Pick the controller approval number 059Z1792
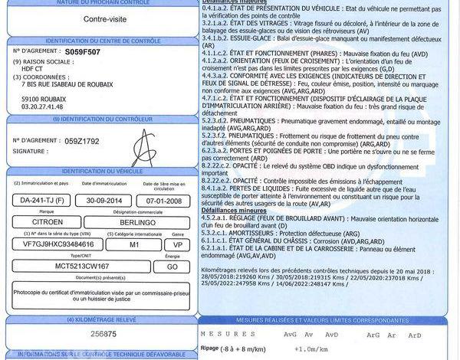point(82,141)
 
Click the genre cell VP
point(177,244)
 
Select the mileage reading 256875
point(100,333)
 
